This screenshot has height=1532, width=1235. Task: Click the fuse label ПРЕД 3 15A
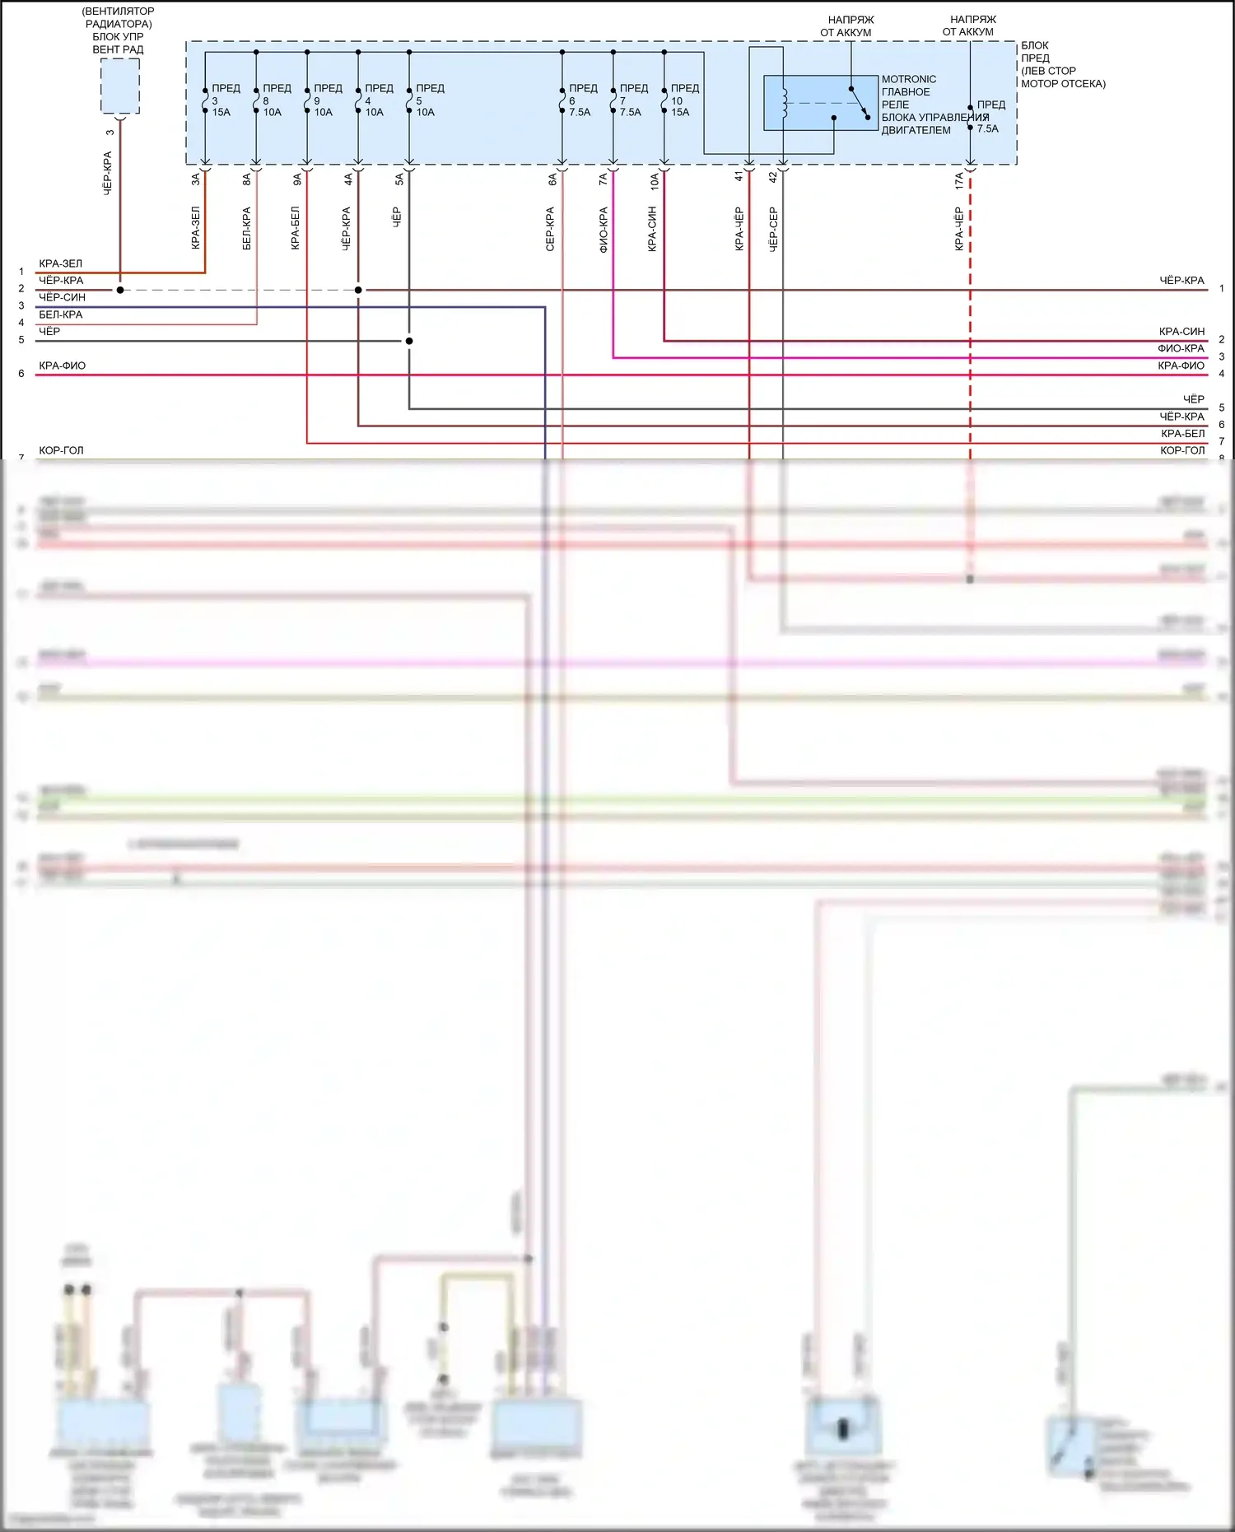223,100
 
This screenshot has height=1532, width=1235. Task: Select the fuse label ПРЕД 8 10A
274,100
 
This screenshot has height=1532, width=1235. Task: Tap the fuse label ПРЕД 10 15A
683,100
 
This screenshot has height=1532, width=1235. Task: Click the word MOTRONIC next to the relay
908,79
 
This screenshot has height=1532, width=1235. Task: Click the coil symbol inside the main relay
785,102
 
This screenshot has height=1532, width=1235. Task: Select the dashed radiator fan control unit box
119,86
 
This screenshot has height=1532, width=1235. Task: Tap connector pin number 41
739,176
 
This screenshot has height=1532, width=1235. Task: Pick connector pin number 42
772,176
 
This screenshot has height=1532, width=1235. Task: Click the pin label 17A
959,180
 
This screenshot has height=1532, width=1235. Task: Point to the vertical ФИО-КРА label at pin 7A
604,229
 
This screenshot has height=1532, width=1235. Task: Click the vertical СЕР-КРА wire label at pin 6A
550,229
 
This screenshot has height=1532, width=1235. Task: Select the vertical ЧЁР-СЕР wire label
773,229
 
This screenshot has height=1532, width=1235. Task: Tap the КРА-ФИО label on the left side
62,366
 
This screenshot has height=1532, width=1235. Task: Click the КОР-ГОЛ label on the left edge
61,450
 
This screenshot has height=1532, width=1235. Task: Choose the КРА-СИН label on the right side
1181,331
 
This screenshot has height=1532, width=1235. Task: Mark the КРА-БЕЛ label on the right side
1182,433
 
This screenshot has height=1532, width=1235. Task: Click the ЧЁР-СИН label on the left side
62,297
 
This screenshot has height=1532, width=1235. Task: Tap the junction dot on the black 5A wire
409,341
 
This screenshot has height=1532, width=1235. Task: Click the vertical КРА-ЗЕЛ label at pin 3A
195,227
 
